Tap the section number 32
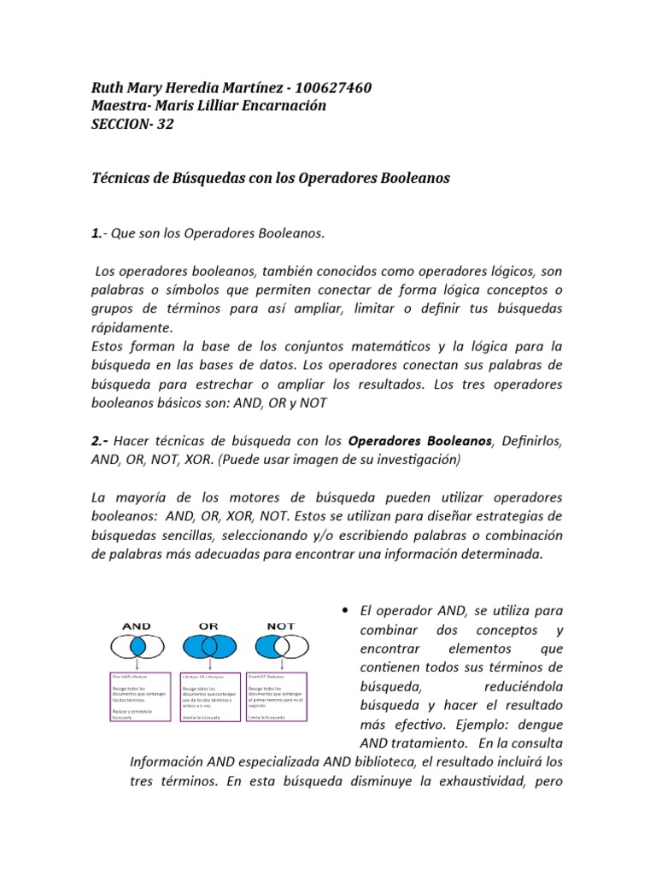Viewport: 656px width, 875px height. [x=166, y=123]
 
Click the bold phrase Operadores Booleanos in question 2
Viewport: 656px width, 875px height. [x=421, y=441]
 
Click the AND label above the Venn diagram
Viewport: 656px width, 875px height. [x=137, y=625]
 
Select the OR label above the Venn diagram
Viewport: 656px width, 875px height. [x=209, y=625]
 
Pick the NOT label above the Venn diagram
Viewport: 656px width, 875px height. [x=281, y=625]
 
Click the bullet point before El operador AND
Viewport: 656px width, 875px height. [x=344, y=612]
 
